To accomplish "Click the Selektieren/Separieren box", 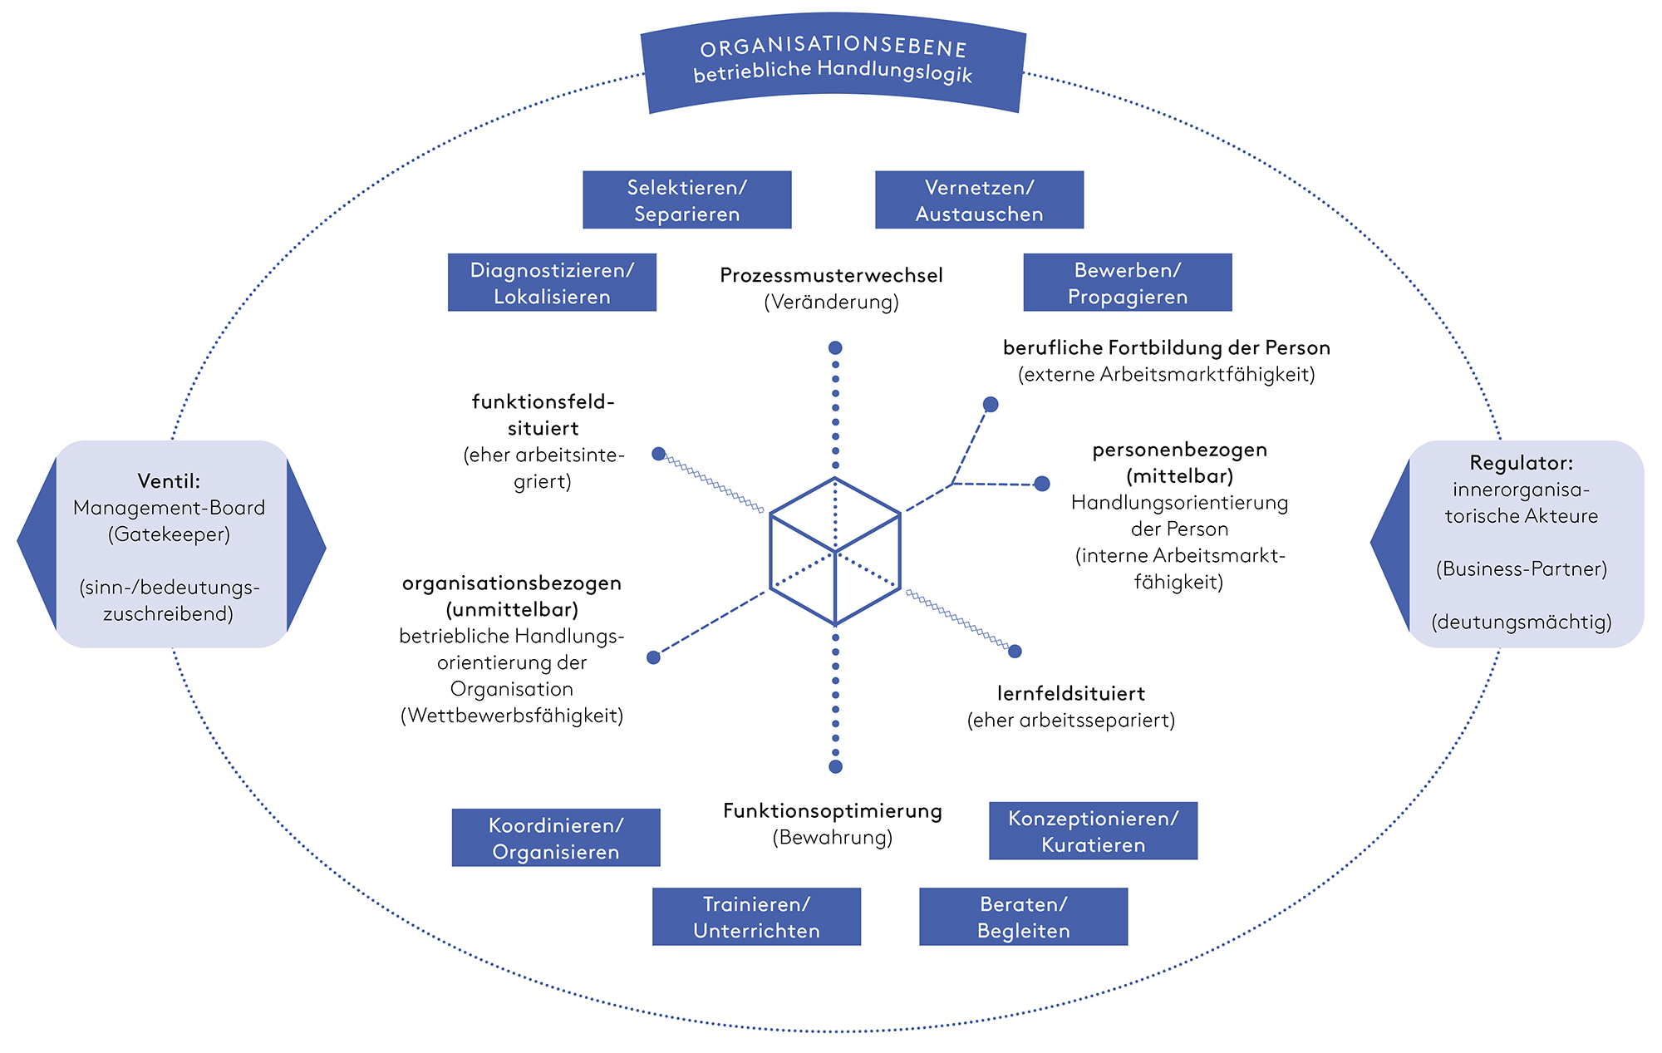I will (x=686, y=200).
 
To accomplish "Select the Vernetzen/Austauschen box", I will (x=979, y=200).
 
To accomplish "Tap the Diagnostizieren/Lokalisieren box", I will (x=552, y=283).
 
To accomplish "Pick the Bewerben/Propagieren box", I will (x=1127, y=283).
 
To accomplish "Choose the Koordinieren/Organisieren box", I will (x=556, y=838).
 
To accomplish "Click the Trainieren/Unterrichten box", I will (x=756, y=917).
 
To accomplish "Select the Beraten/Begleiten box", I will (x=1023, y=917).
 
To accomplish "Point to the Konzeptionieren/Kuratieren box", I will (x=1093, y=831).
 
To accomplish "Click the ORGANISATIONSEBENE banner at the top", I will (x=833, y=62).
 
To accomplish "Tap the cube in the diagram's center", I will (x=835, y=551).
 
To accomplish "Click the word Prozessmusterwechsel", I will (x=831, y=275).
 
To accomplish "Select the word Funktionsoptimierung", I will (x=832, y=810).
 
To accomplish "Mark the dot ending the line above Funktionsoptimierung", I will (x=835, y=766).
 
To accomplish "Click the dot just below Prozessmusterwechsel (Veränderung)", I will (x=835, y=347).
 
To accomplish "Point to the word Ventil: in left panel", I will (x=169, y=480).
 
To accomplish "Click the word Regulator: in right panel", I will (x=1521, y=463).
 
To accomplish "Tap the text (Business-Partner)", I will (x=1521, y=568).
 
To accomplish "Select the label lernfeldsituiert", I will (x=1070, y=693).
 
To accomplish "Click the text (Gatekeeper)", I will (x=169, y=534).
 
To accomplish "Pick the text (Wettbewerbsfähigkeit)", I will (x=512, y=716).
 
